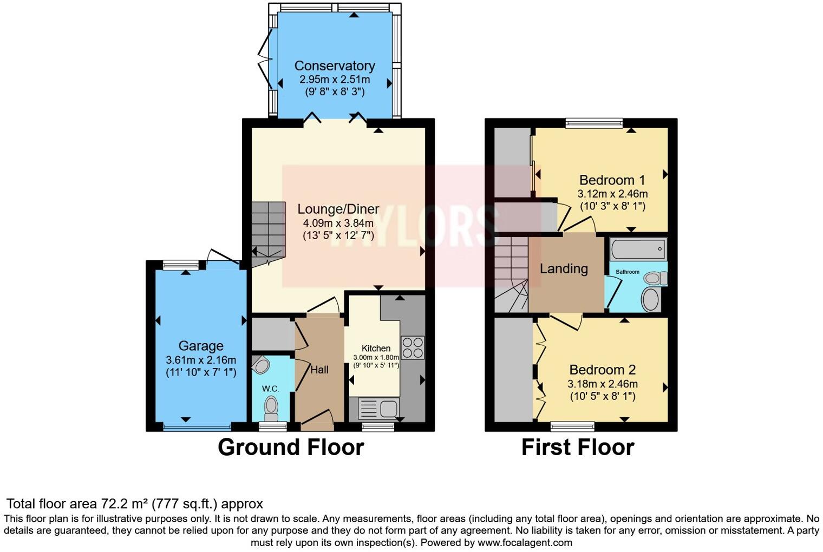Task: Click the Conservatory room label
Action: tap(335, 66)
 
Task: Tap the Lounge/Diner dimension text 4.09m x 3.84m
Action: tap(338, 223)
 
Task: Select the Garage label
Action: tap(201, 346)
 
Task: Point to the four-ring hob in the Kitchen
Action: tap(413, 347)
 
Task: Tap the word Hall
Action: tap(319, 370)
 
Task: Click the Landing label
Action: tap(564, 269)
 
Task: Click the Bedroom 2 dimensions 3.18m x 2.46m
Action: tap(602, 384)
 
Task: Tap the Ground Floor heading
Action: tap(291, 448)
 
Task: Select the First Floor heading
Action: tap(578, 448)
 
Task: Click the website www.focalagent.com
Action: tap(525, 542)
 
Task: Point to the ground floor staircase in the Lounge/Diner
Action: tap(268, 233)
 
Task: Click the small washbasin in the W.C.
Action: tap(261, 365)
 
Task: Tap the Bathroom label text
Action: tap(628, 272)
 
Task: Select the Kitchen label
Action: tap(376, 349)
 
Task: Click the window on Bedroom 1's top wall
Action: tap(594, 123)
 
